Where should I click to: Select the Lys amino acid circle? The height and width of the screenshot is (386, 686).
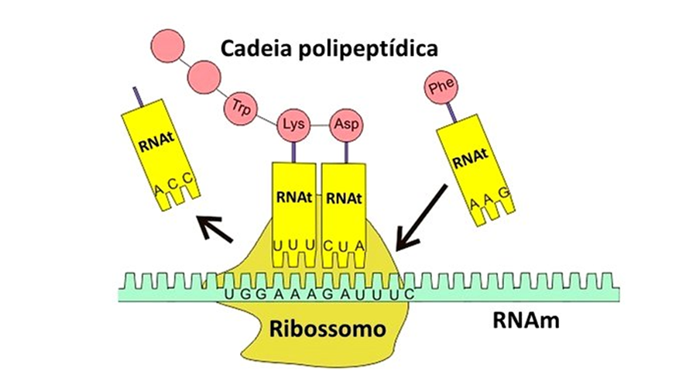click(293, 124)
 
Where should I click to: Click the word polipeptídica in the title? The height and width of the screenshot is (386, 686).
click(373, 48)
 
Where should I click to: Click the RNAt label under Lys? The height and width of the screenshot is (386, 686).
click(292, 198)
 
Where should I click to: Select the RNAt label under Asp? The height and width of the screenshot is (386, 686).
click(344, 198)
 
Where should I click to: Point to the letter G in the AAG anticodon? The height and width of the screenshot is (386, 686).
click(505, 191)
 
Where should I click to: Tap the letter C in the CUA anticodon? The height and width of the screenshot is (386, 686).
click(328, 246)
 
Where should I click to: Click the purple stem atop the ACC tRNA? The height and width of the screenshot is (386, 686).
click(136, 96)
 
